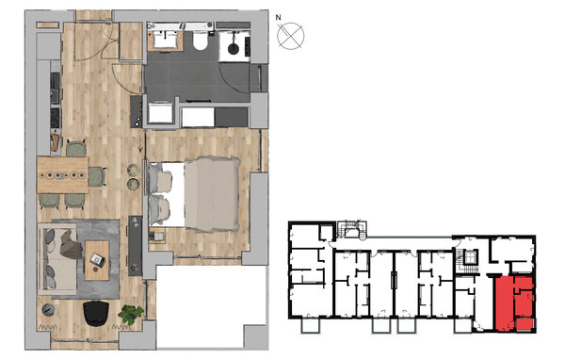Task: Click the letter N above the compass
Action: [278, 17]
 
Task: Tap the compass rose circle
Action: [291, 36]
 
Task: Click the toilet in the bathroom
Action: [201, 41]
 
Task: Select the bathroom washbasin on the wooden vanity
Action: [166, 40]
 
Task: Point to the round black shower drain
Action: [234, 48]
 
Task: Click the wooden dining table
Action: [63, 175]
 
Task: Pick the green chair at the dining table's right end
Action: [97, 177]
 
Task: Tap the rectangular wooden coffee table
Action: [97, 260]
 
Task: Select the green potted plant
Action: [130, 314]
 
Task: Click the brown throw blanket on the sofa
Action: [71, 245]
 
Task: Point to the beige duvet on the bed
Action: [212, 194]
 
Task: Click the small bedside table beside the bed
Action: [157, 237]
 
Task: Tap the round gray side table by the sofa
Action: [48, 309]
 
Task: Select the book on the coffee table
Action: [97, 258]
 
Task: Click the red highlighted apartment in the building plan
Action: [514, 303]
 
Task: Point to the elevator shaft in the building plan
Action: [471, 257]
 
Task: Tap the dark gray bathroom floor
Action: [197, 77]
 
